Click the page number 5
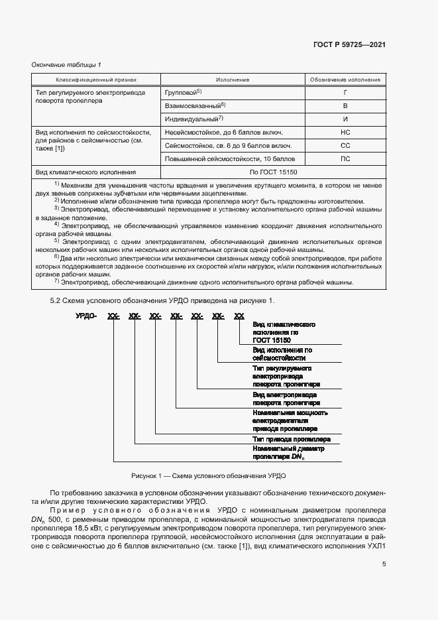pos(384,564)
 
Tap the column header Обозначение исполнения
pos(345,80)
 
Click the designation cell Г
pos(345,92)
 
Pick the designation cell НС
pos(345,132)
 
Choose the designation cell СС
pos(345,145)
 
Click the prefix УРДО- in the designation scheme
pos(86,316)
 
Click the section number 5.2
pos(56,301)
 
